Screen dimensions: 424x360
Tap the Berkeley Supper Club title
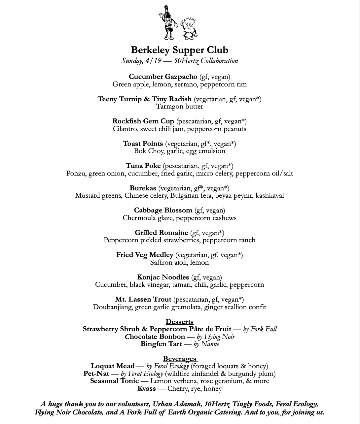(x=180, y=50)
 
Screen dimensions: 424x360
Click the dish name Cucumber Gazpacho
(x=163, y=77)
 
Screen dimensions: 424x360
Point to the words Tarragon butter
(x=180, y=107)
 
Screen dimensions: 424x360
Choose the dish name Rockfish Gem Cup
(x=143, y=121)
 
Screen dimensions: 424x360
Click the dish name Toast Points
(x=143, y=144)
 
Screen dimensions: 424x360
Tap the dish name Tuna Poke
(x=143, y=166)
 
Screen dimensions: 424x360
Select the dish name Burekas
(x=143, y=188)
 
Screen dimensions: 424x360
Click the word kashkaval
(x=270, y=196)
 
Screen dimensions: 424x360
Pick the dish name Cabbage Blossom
(x=163, y=210)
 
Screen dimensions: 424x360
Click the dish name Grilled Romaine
(x=161, y=233)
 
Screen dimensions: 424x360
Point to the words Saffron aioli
(x=169, y=263)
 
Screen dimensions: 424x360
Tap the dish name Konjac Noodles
(x=163, y=277)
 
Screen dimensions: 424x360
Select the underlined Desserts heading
(x=180, y=322)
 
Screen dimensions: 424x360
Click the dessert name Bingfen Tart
(x=161, y=344)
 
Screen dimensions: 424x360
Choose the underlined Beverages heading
(x=180, y=359)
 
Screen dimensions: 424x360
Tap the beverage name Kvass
(x=146, y=388)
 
